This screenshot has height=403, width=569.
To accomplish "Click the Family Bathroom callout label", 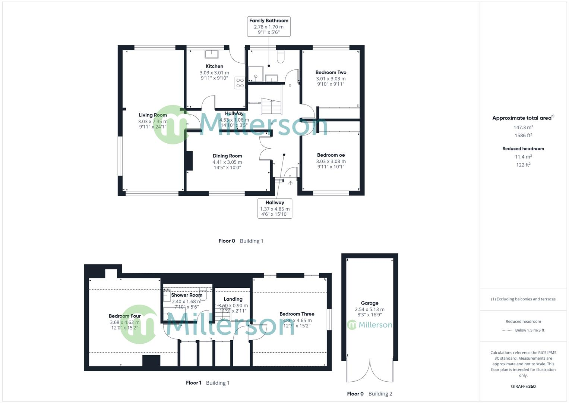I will [x=268, y=26].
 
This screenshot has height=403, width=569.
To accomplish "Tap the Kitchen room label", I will [x=214, y=66].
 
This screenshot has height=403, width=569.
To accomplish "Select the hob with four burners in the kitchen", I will [x=240, y=83].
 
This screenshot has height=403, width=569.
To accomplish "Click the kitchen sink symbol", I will [x=212, y=54].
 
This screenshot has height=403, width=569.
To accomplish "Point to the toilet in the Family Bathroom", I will [x=281, y=56].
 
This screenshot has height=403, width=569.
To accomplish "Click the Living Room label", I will [x=153, y=115].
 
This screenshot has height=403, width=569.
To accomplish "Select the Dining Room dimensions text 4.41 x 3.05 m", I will [x=227, y=162].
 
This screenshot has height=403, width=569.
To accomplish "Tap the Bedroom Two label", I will [x=331, y=72].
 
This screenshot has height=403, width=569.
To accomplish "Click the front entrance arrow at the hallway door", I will [x=290, y=182].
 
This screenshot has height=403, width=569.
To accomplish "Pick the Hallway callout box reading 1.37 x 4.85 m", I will [x=275, y=208].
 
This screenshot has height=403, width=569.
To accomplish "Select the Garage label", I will [x=369, y=303].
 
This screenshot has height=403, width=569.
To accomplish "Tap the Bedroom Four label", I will [x=124, y=316].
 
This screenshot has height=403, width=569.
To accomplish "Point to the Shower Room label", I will [x=187, y=295].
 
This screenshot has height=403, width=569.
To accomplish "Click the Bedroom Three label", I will [x=297, y=314].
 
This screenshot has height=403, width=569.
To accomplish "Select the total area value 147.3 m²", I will [x=523, y=127].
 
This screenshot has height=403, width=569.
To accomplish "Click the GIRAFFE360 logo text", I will [x=523, y=386].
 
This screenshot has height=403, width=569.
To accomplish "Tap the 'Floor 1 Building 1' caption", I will [x=208, y=383].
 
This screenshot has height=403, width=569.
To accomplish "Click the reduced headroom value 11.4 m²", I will [x=523, y=157].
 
